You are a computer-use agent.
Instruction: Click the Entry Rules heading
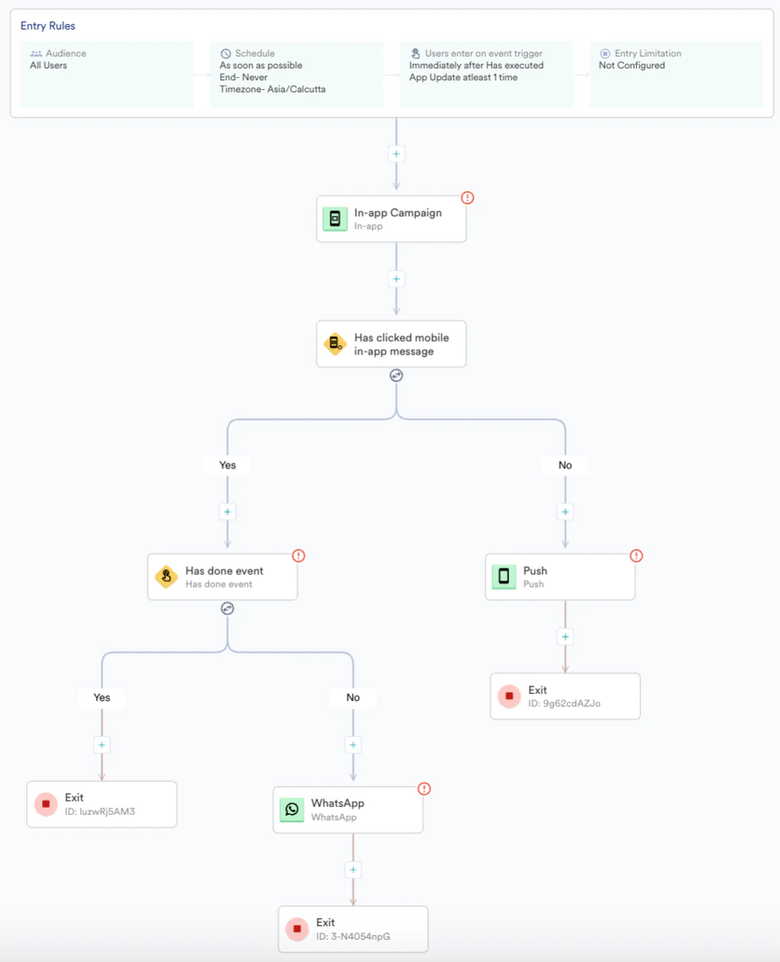(48, 26)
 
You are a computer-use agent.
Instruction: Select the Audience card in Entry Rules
(106, 74)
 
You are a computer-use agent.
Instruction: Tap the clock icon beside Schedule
(226, 53)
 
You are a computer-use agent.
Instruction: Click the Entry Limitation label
(647, 53)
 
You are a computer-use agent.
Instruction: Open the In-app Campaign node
(391, 219)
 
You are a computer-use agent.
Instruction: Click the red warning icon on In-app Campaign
(467, 198)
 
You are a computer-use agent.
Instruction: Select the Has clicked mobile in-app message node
(391, 344)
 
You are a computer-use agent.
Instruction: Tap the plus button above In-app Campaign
(396, 153)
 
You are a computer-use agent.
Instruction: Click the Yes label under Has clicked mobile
(228, 465)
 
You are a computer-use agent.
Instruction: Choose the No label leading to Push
(565, 465)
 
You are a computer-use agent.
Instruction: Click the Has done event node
(222, 576)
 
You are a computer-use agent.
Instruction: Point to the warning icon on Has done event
(299, 556)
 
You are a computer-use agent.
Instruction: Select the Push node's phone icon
(504, 576)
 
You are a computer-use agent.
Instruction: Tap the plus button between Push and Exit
(565, 637)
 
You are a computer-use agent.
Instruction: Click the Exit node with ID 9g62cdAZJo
(565, 696)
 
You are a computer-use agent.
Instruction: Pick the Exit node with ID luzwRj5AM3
(102, 804)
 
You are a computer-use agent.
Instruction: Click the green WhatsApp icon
(292, 809)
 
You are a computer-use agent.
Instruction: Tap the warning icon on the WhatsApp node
(424, 789)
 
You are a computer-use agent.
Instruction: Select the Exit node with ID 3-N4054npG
(353, 929)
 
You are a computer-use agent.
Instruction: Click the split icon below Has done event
(227, 609)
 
